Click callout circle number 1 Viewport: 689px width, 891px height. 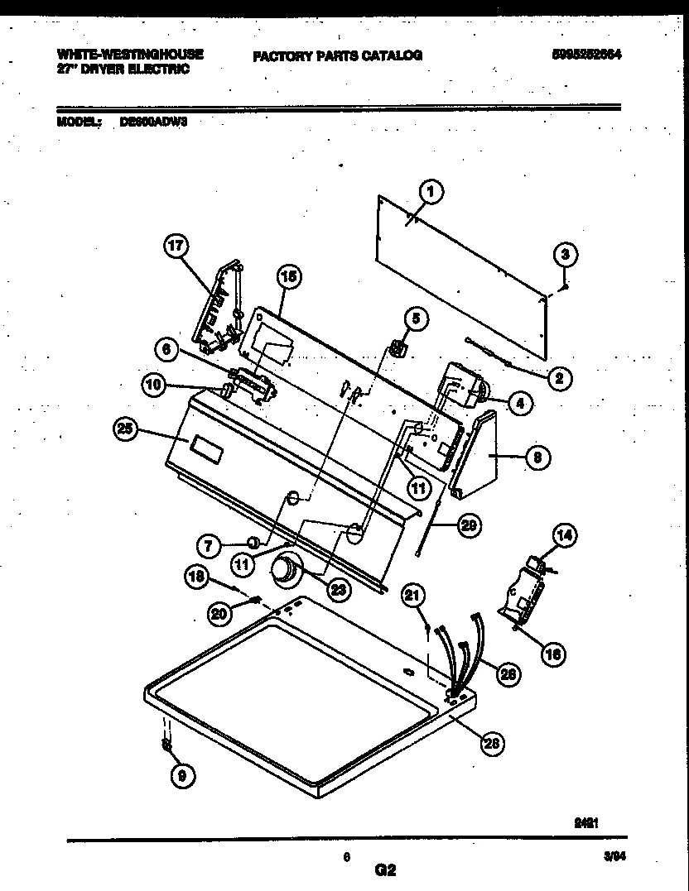click(429, 193)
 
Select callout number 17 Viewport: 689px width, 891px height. click(176, 246)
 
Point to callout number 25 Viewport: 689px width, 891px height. click(126, 429)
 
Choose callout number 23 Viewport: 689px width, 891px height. click(339, 589)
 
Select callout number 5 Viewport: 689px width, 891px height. click(416, 317)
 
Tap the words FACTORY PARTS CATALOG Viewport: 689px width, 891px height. click(337, 55)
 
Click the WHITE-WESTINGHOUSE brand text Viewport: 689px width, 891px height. click(131, 54)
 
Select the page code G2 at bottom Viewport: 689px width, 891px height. click(386, 870)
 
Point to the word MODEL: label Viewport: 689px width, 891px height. click(79, 121)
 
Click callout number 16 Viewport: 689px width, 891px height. click(552, 654)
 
